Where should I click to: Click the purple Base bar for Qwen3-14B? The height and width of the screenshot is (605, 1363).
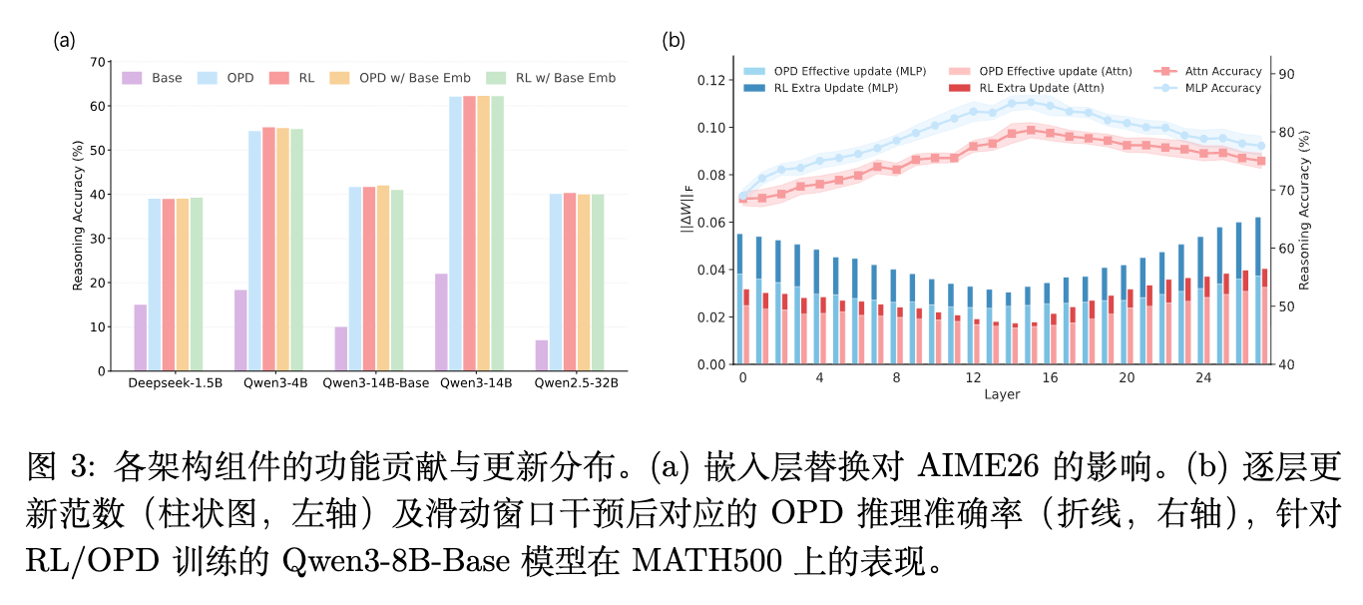coord(441,322)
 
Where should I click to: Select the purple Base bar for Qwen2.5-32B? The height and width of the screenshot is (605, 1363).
coord(542,354)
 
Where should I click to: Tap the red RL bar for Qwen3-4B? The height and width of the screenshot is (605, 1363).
coord(269,249)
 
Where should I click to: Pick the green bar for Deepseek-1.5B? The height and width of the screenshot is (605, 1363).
coord(197,284)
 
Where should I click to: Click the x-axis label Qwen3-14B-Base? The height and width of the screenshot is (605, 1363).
coord(375,382)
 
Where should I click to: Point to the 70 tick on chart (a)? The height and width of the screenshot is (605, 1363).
coord(98,62)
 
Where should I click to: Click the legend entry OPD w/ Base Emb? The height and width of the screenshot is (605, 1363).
coord(400,78)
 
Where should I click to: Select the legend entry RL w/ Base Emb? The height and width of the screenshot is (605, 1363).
coord(551,78)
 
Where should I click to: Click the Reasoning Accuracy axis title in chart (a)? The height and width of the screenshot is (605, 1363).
coord(77,216)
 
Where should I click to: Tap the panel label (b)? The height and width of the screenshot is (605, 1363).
coord(674,40)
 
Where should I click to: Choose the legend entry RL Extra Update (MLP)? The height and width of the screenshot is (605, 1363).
coord(821,88)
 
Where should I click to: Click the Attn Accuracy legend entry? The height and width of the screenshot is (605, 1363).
coord(1207,71)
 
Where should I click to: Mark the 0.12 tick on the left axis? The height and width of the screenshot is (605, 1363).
coord(711,80)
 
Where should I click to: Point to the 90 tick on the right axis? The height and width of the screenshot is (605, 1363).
coord(1286,74)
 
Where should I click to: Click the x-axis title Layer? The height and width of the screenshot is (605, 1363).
coord(1002,394)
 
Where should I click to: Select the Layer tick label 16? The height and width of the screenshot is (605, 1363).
coord(1050,378)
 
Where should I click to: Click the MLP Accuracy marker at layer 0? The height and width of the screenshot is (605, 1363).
coord(743,196)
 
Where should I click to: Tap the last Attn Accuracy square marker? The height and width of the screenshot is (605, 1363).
coord(1261,161)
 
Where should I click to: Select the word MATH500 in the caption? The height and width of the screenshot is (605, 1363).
coord(706,560)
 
